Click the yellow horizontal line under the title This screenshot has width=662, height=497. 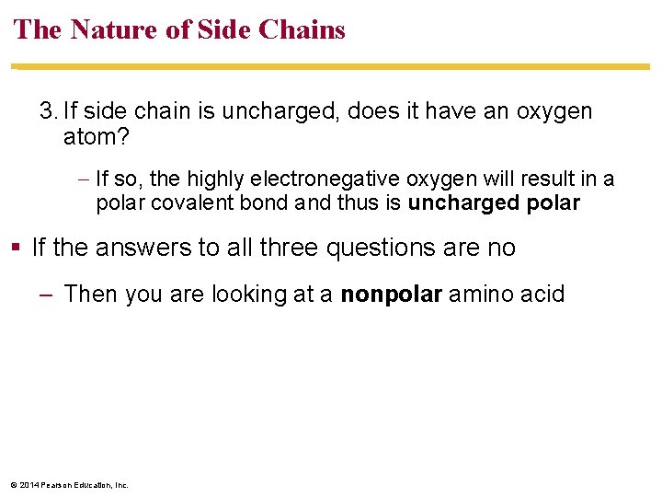[331, 67]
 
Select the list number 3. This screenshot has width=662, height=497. [47, 112]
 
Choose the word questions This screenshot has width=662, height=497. [379, 248]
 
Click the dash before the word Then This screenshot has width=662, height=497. [46, 295]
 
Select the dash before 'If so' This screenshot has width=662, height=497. [84, 179]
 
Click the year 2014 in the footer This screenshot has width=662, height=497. [27, 485]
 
